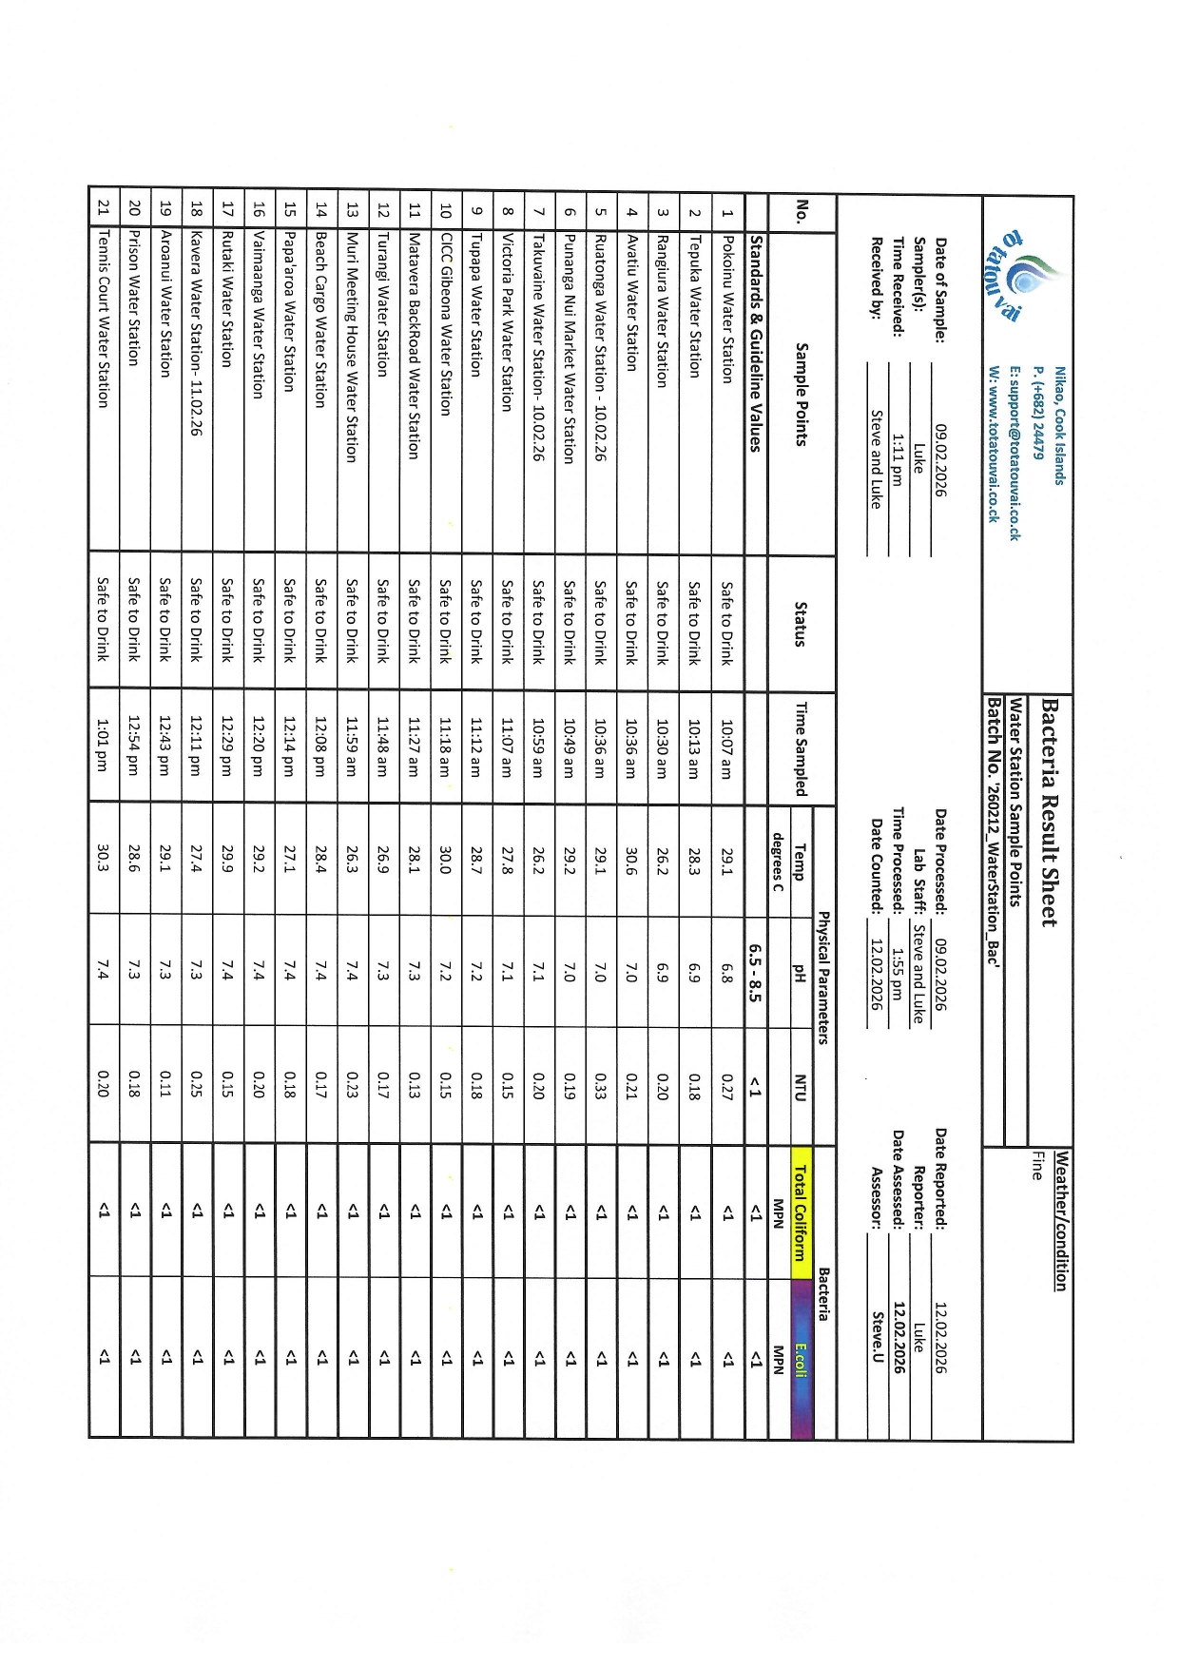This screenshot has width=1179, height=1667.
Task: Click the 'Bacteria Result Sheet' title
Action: [1049, 811]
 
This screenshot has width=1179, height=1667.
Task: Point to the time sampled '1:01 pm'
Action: [104, 745]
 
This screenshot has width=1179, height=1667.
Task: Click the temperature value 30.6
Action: [631, 856]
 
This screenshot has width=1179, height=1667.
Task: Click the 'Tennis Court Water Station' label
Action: [104, 318]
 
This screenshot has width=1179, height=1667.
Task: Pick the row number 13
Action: [351, 209]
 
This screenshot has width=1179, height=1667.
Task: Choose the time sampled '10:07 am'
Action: [727, 745]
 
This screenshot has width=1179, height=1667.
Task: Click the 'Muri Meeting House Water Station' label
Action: [351, 347]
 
